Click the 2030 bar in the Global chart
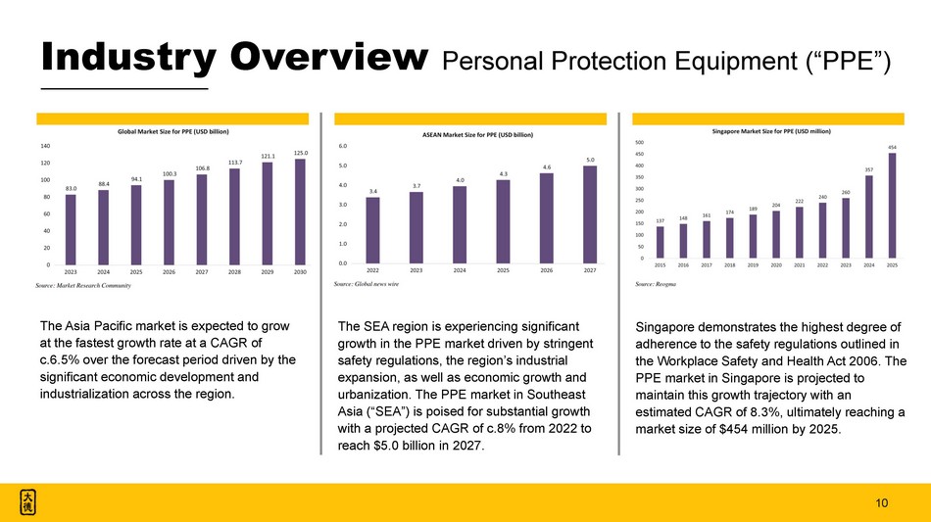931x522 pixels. (300, 212)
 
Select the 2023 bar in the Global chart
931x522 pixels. (71, 229)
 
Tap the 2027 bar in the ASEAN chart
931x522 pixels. (590, 214)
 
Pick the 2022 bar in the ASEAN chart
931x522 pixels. (373, 230)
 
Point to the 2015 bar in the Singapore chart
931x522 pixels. (661, 242)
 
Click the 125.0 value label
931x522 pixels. (300, 153)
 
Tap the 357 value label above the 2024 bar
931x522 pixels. (869, 169)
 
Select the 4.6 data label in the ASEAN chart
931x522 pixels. (547, 167)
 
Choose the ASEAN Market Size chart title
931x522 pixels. (477, 133)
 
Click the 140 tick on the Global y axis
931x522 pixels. (46, 146)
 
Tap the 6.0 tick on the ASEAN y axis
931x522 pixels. (344, 147)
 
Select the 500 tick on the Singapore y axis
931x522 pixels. (640, 141)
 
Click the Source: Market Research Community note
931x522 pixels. (82, 285)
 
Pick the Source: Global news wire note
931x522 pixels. (367, 282)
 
